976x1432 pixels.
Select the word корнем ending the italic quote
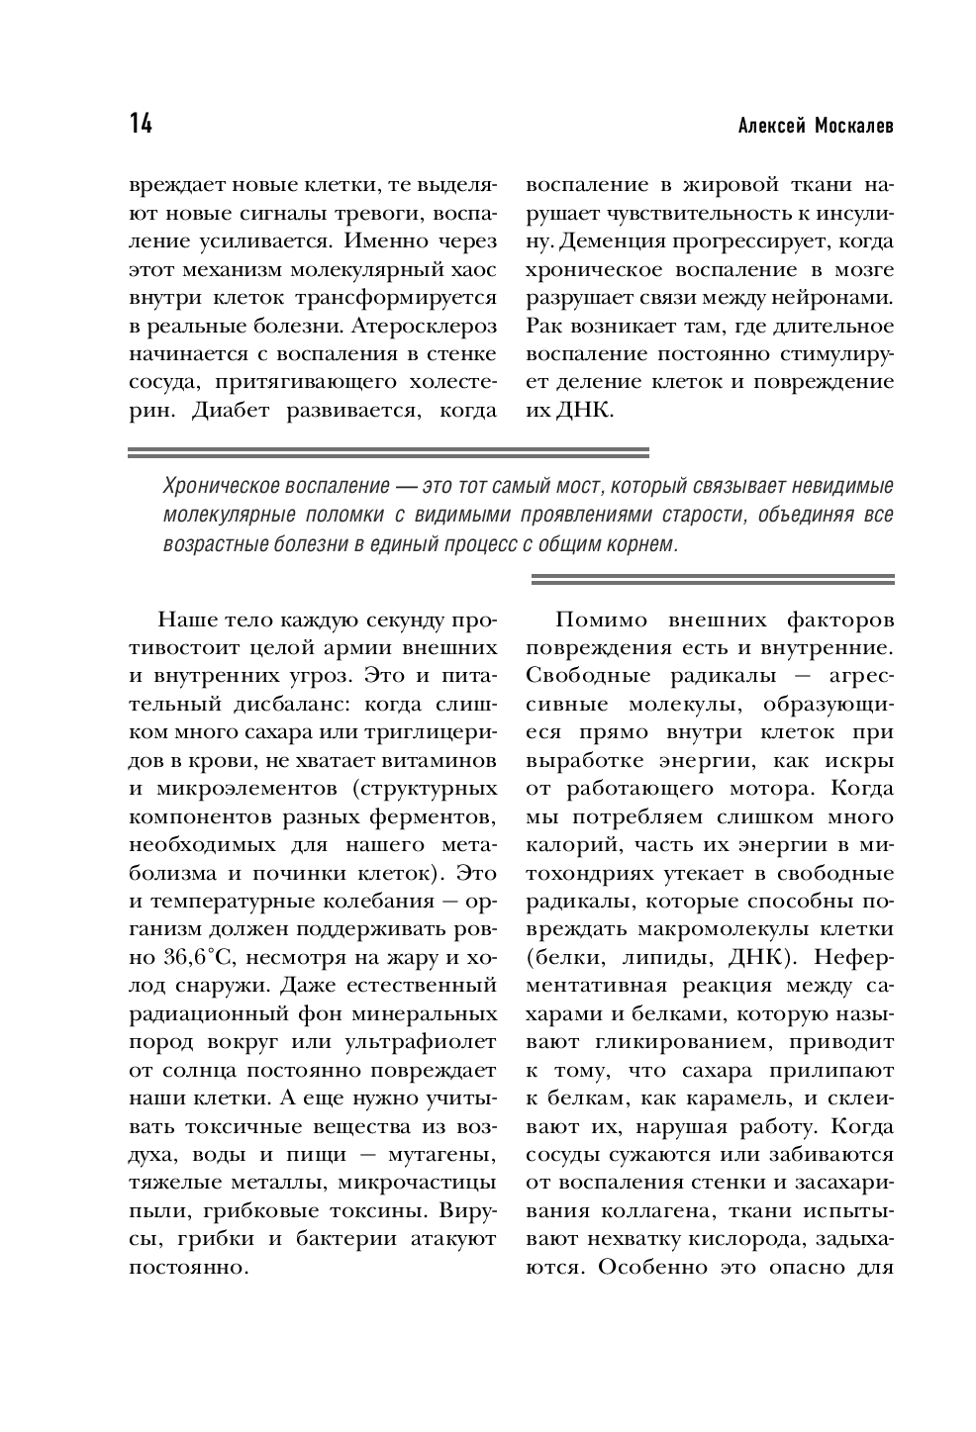click(x=641, y=544)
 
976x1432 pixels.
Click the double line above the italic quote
click(x=389, y=453)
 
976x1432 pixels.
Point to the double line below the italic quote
click(x=713, y=579)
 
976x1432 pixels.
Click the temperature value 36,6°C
click(x=193, y=958)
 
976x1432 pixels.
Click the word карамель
click(x=732, y=1098)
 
